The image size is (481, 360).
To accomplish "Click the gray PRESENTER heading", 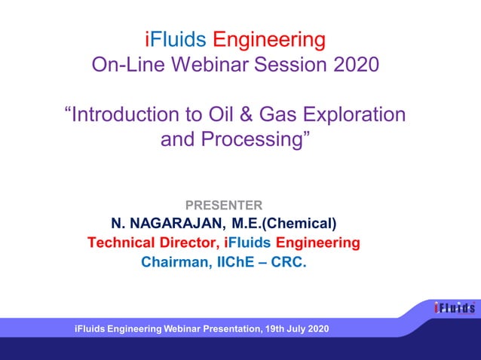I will click(x=224, y=204).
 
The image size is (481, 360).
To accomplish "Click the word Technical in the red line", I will click(x=121, y=243).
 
